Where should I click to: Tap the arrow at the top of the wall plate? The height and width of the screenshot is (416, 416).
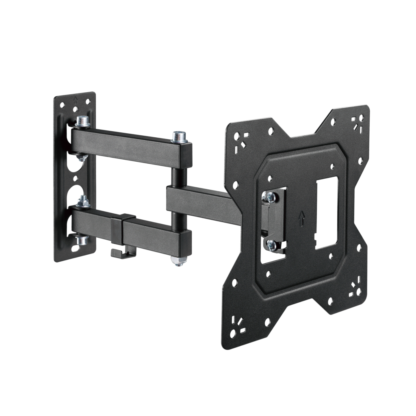coord(76,98)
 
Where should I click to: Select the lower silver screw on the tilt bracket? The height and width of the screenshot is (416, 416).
coord(271,245)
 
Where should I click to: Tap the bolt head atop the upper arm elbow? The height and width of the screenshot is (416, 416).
coord(179,136)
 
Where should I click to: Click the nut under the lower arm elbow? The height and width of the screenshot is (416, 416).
coord(178,261)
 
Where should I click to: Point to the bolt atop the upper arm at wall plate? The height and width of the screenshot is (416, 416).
coord(83,121)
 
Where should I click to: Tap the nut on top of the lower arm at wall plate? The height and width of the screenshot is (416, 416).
coord(84,201)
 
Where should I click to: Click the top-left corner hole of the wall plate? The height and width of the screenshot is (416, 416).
coord(62,105)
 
